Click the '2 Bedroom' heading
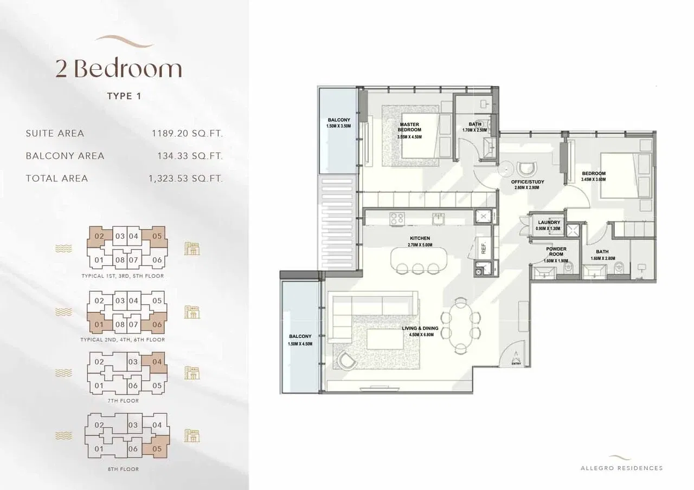pyautogui.click(x=118, y=69)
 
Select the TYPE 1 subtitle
pyautogui.click(x=124, y=96)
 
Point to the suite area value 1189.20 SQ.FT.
pyautogui.click(x=188, y=133)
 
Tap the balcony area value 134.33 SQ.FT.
pyautogui.click(x=190, y=156)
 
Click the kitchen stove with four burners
pyautogui.click(x=397, y=218)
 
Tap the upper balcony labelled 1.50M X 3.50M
pyautogui.click(x=339, y=130)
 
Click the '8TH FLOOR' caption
pyautogui.click(x=124, y=469)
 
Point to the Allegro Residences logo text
pyautogui.click(x=621, y=468)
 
